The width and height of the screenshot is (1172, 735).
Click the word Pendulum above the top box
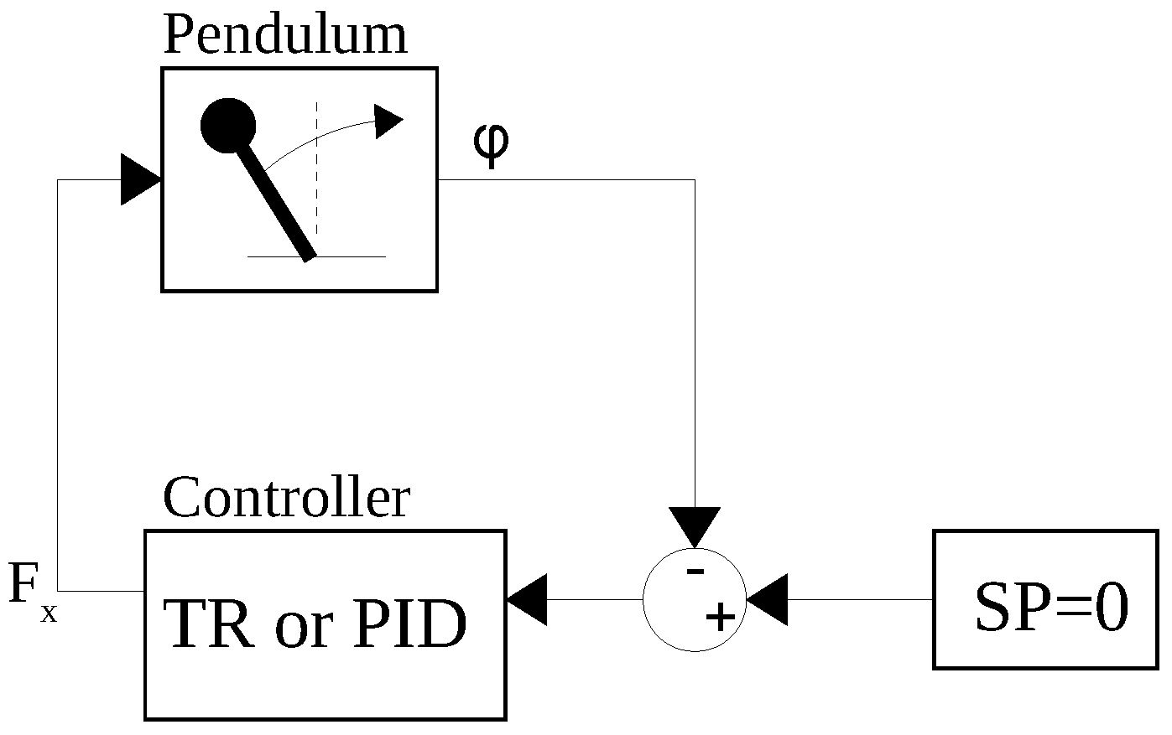pyautogui.click(x=284, y=35)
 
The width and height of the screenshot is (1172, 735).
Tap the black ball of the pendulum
pyautogui.click(x=228, y=126)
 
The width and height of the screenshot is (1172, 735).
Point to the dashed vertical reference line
pyautogui.click(x=316, y=168)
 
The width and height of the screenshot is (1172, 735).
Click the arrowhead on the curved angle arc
pyautogui.click(x=388, y=121)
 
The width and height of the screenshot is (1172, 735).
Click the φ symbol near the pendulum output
pyautogui.click(x=490, y=144)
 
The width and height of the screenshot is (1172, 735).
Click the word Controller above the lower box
pyautogui.click(x=286, y=498)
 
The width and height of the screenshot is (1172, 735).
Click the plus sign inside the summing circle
pyautogui.click(x=720, y=619)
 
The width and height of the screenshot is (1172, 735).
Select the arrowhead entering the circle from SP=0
pyautogui.click(x=767, y=600)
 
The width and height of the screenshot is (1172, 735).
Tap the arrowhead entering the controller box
pyautogui.click(x=528, y=600)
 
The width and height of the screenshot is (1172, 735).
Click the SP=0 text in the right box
pyautogui.click(x=1050, y=608)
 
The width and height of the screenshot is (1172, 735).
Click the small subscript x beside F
pyautogui.click(x=49, y=614)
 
